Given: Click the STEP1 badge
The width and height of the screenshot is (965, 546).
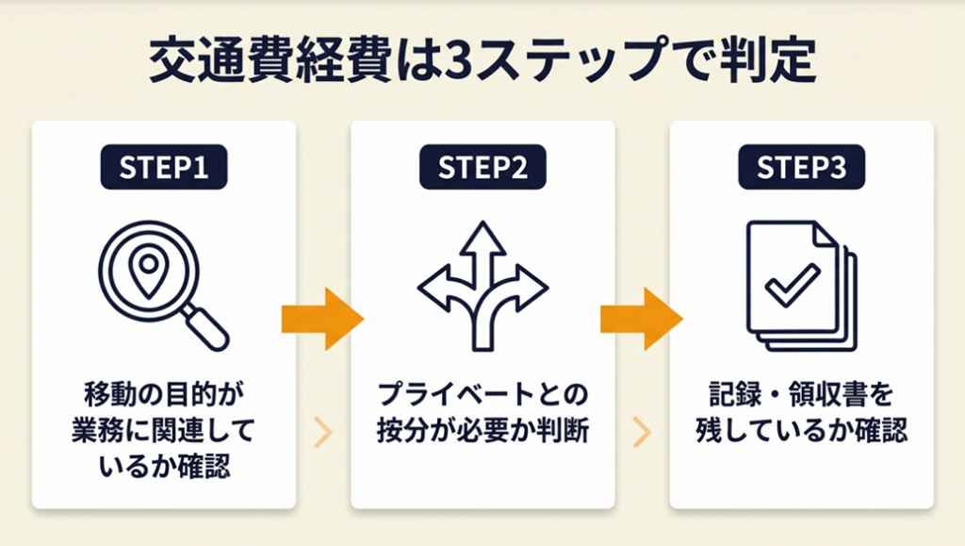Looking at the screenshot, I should click(x=164, y=168).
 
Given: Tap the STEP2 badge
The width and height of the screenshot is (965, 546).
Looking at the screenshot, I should click(x=482, y=168).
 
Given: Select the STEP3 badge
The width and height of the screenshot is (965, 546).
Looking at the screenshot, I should click(x=801, y=168).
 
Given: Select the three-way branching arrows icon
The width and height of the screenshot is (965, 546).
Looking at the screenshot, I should click(x=482, y=283).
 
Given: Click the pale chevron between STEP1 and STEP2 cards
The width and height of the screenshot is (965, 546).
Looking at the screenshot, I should click(x=323, y=432).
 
